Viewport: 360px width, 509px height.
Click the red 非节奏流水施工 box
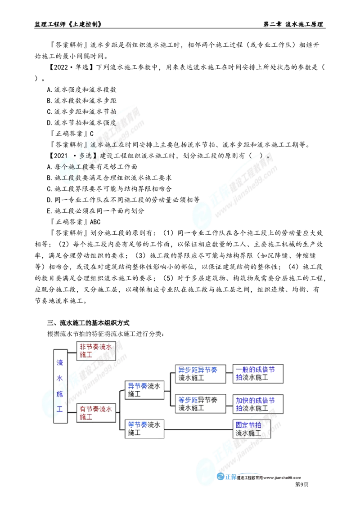pos(96,350)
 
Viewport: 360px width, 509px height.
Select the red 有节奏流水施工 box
pos(96,412)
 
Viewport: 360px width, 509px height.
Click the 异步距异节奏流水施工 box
pos(200,374)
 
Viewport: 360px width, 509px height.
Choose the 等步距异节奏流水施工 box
pos(200,403)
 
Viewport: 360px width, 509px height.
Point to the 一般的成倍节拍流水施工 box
pos(257,374)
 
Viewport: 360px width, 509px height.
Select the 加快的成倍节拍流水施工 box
pos(257,403)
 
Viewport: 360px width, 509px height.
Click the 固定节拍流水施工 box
pos(253,429)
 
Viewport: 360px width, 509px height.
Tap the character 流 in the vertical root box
pos(59,362)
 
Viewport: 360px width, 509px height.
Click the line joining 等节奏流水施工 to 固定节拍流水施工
pos(198,429)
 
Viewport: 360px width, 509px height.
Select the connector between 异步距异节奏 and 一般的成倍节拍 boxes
pos(229,372)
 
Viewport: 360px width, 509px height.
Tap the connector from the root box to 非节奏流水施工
pos(72,350)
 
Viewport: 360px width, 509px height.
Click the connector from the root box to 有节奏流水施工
pos(72,411)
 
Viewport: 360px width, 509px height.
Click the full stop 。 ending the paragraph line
pos(268,157)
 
